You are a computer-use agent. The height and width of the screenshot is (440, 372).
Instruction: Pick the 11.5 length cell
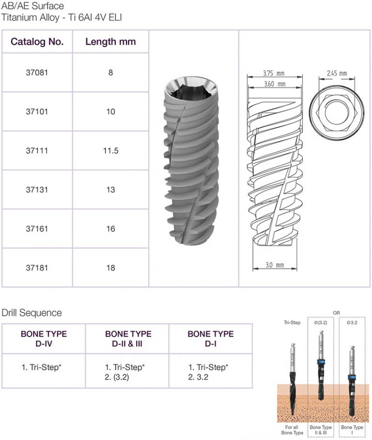click(110, 151)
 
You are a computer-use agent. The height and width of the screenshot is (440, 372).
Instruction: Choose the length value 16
click(110, 228)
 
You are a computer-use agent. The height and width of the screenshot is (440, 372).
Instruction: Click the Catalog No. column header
click(37, 42)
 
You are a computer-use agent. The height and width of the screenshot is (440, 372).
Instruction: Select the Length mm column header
click(110, 42)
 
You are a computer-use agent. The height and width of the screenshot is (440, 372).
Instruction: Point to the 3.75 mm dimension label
click(273, 74)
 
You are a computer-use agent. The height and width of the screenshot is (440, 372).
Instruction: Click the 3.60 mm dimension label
click(274, 84)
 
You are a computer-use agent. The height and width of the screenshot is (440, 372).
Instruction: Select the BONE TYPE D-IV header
click(44, 339)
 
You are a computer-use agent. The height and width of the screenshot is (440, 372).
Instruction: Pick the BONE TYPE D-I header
click(210, 339)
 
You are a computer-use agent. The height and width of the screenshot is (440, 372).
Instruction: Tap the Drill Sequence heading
click(32, 313)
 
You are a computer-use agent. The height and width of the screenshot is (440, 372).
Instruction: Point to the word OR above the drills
click(337, 313)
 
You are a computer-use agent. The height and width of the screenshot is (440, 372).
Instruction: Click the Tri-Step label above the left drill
click(293, 322)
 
